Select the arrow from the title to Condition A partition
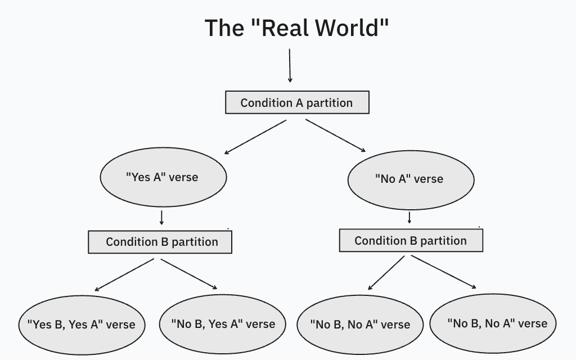pyautogui.click(x=290, y=65)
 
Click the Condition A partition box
pyautogui.click(x=297, y=102)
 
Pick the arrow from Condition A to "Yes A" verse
pyautogui.click(x=255, y=137)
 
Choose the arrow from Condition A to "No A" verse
pyautogui.click(x=335, y=136)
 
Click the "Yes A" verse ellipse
pyautogui.click(x=163, y=177)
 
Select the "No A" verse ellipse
pyautogui.click(x=411, y=179)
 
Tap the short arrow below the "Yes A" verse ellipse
pyautogui.click(x=161, y=218)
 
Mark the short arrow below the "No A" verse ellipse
pyautogui.click(x=409, y=217)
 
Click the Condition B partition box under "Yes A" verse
pyautogui.click(x=160, y=242)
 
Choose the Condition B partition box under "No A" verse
pyautogui.click(x=411, y=241)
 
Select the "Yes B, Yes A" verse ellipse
pyautogui.click(x=82, y=325)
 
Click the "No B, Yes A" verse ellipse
pyautogui.click(x=223, y=324)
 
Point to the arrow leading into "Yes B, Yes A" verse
pyautogui.click(x=124, y=274)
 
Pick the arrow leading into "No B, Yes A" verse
pyautogui.click(x=189, y=274)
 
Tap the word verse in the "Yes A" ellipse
pyautogui.click(x=183, y=177)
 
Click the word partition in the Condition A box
pyautogui.click(x=330, y=103)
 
